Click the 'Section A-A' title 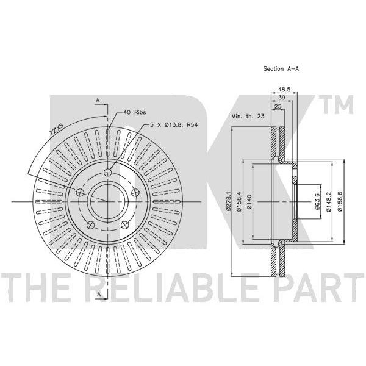tap(281, 68)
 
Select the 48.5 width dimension tap(284, 89)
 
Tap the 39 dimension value tap(282, 98)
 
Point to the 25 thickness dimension tap(278, 106)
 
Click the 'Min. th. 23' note tap(248, 116)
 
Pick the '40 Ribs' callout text tap(135, 112)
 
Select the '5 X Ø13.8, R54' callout tap(174, 125)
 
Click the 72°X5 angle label tap(56, 129)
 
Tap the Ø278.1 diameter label tap(229, 201)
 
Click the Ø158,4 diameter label tap(239, 201)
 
